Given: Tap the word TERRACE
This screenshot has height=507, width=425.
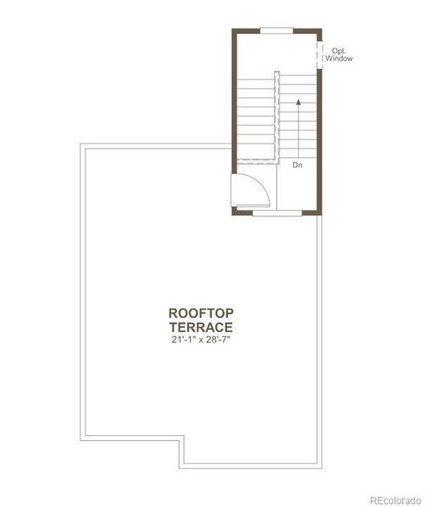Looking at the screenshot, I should [201, 326].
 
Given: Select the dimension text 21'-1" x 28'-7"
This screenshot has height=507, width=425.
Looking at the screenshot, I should [201, 340].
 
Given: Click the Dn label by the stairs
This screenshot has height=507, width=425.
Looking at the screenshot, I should [297, 166].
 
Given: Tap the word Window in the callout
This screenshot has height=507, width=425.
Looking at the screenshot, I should [341, 59].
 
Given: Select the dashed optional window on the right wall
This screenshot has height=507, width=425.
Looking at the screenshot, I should [320, 52].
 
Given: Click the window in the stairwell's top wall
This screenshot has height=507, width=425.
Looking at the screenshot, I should [276, 30].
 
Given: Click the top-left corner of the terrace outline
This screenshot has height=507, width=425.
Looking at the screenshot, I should [82, 145].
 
